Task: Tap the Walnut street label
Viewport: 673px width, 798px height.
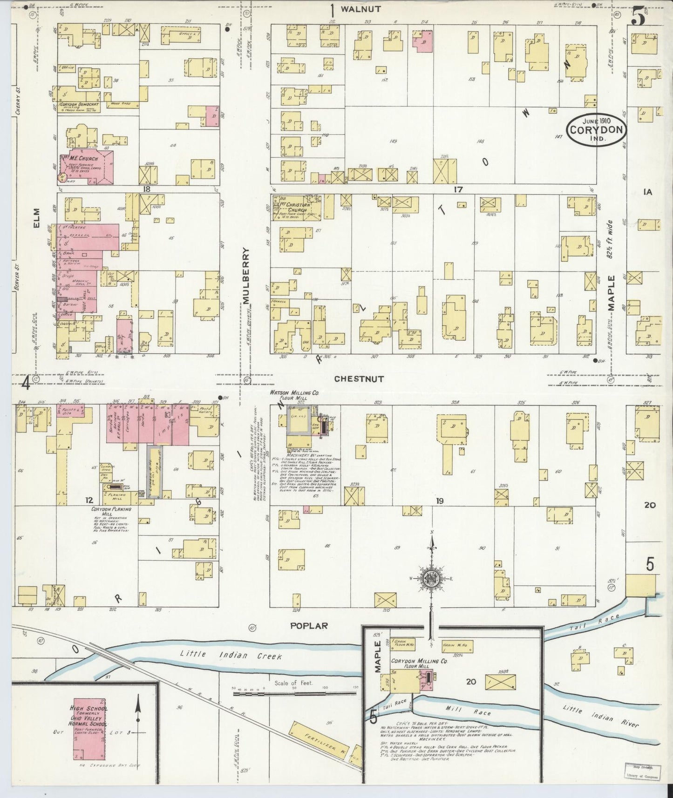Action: click(360, 8)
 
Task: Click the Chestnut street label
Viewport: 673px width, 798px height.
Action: click(359, 379)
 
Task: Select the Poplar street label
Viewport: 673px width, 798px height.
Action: click(309, 626)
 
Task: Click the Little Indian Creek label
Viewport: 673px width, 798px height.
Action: click(231, 655)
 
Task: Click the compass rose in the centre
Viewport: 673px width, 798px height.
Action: click(432, 579)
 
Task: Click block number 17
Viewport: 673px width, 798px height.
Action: click(458, 189)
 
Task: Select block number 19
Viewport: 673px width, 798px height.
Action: click(439, 501)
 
